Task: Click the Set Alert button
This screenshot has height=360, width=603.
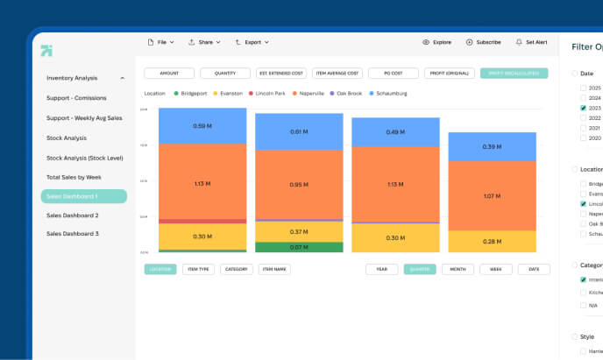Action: [531, 42]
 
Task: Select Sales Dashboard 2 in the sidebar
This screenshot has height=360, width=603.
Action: [73, 215]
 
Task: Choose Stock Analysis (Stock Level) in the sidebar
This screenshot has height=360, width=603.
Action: [84, 158]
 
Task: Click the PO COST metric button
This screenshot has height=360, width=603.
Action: [394, 74]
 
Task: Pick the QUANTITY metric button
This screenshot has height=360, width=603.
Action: [225, 74]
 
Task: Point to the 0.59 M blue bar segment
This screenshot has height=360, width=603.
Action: [202, 126]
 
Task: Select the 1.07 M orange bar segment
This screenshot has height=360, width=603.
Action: [492, 195]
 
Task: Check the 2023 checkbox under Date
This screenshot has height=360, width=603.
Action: [584, 108]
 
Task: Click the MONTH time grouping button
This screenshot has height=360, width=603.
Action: [458, 270]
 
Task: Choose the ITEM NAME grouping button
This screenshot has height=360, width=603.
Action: [275, 270]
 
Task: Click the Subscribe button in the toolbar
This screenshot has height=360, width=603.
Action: [484, 42]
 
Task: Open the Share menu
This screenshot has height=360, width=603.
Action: [204, 42]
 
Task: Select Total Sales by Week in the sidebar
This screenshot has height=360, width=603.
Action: [74, 177]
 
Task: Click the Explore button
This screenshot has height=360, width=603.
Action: [436, 42]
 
